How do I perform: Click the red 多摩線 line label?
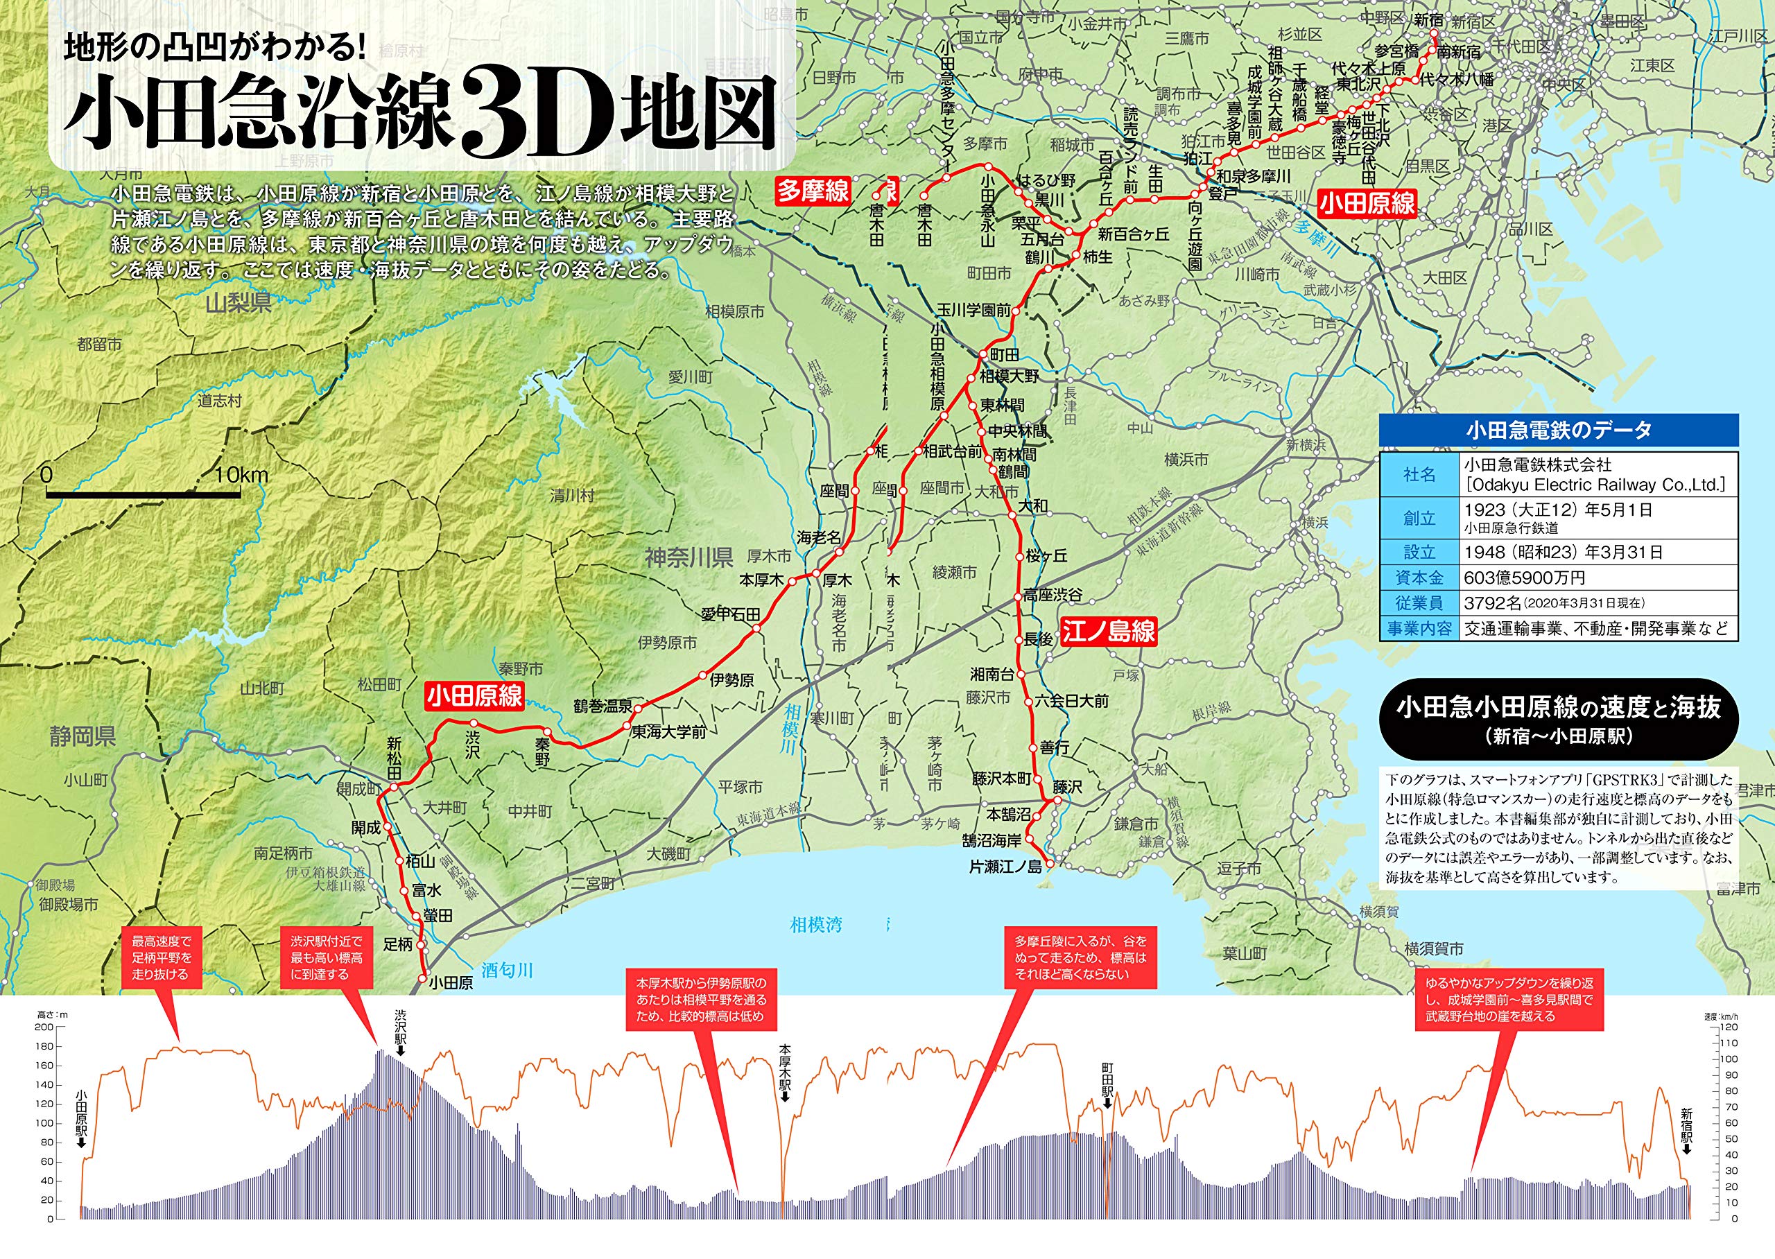tap(813, 191)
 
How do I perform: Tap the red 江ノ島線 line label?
tap(1109, 631)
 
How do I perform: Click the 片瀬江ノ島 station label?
tap(1005, 867)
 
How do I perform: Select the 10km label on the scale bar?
tap(241, 475)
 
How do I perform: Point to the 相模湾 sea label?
tap(815, 924)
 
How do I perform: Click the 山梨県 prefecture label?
tap(238, 302)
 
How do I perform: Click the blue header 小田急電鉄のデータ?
tap(1558, 431)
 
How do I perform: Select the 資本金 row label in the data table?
tap(1419, 578)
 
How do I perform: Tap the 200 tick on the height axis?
tap(44, 1027)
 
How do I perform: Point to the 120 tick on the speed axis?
tap(1729, 1027)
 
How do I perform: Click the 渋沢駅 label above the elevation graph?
tap(400, 1028)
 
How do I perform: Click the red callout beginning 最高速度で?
tap(162, 957)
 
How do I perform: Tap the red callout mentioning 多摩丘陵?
tap(1080, 957)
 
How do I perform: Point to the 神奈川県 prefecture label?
tap(689, 557)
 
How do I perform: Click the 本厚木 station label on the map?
tap(761, 580)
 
